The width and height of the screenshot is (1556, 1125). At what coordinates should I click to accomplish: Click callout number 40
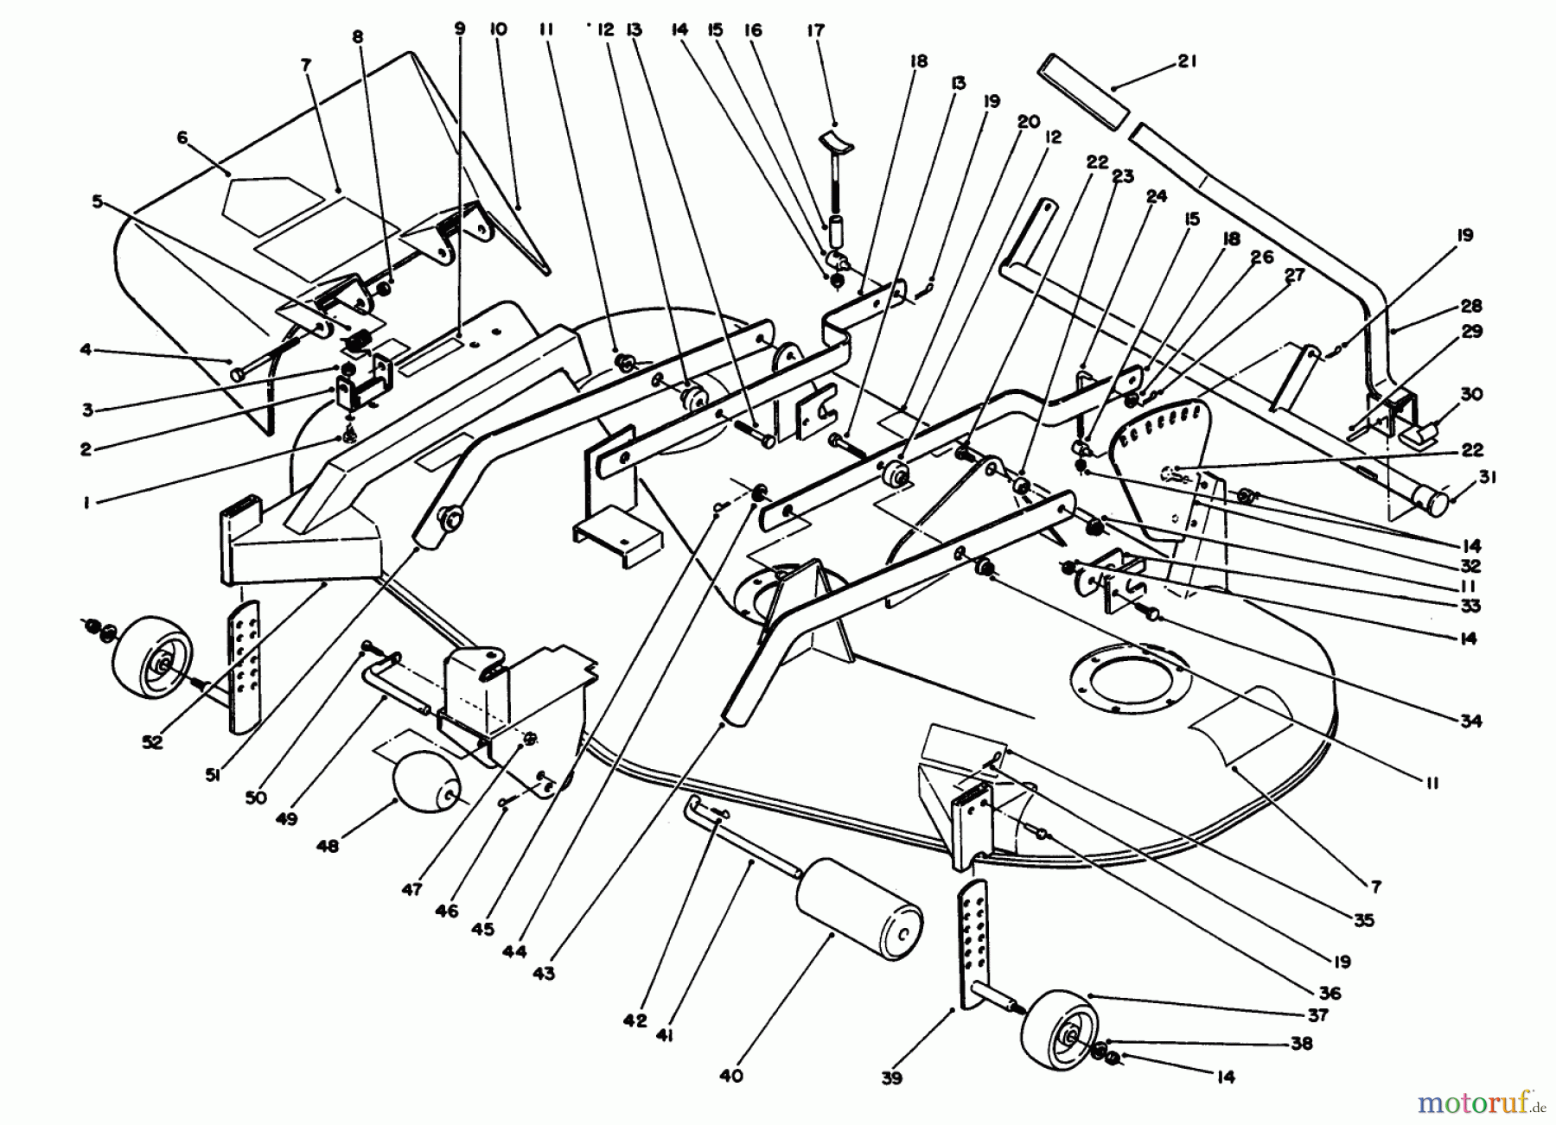pyautogui.click(x=731, y=1077)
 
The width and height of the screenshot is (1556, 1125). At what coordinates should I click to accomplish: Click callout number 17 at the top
pyautogui.click(x=816, y=31)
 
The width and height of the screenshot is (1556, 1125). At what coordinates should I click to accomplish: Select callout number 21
pyautogui.click(x=1187, y=61)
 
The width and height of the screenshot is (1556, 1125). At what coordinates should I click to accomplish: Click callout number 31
pyautogui.click(x=1488, y=477)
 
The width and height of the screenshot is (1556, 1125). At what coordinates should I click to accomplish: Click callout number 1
pyautogui.click(x=86, y=502)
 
